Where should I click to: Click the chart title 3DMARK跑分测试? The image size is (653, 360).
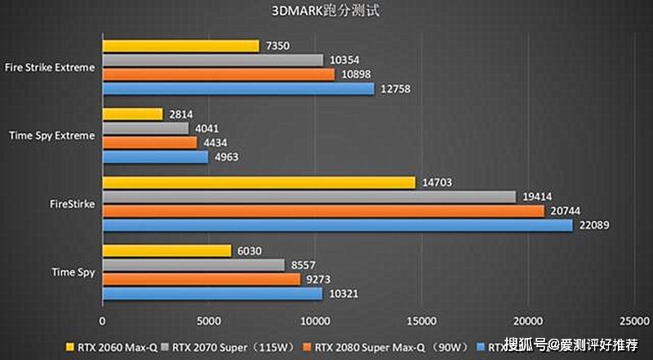(326, 11)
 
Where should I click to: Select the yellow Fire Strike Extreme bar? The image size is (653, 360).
(180, 46)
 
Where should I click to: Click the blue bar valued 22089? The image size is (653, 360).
(337, 224)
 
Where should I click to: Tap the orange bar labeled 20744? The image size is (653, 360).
(323, 211)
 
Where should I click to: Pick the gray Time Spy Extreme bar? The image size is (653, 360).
(145, 128)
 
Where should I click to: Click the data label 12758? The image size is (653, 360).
(396, 88)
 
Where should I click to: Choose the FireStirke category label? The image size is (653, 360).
(72, 203)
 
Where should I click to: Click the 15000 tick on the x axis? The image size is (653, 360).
(421, 321)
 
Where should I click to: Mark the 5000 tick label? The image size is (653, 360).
(208, 321)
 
